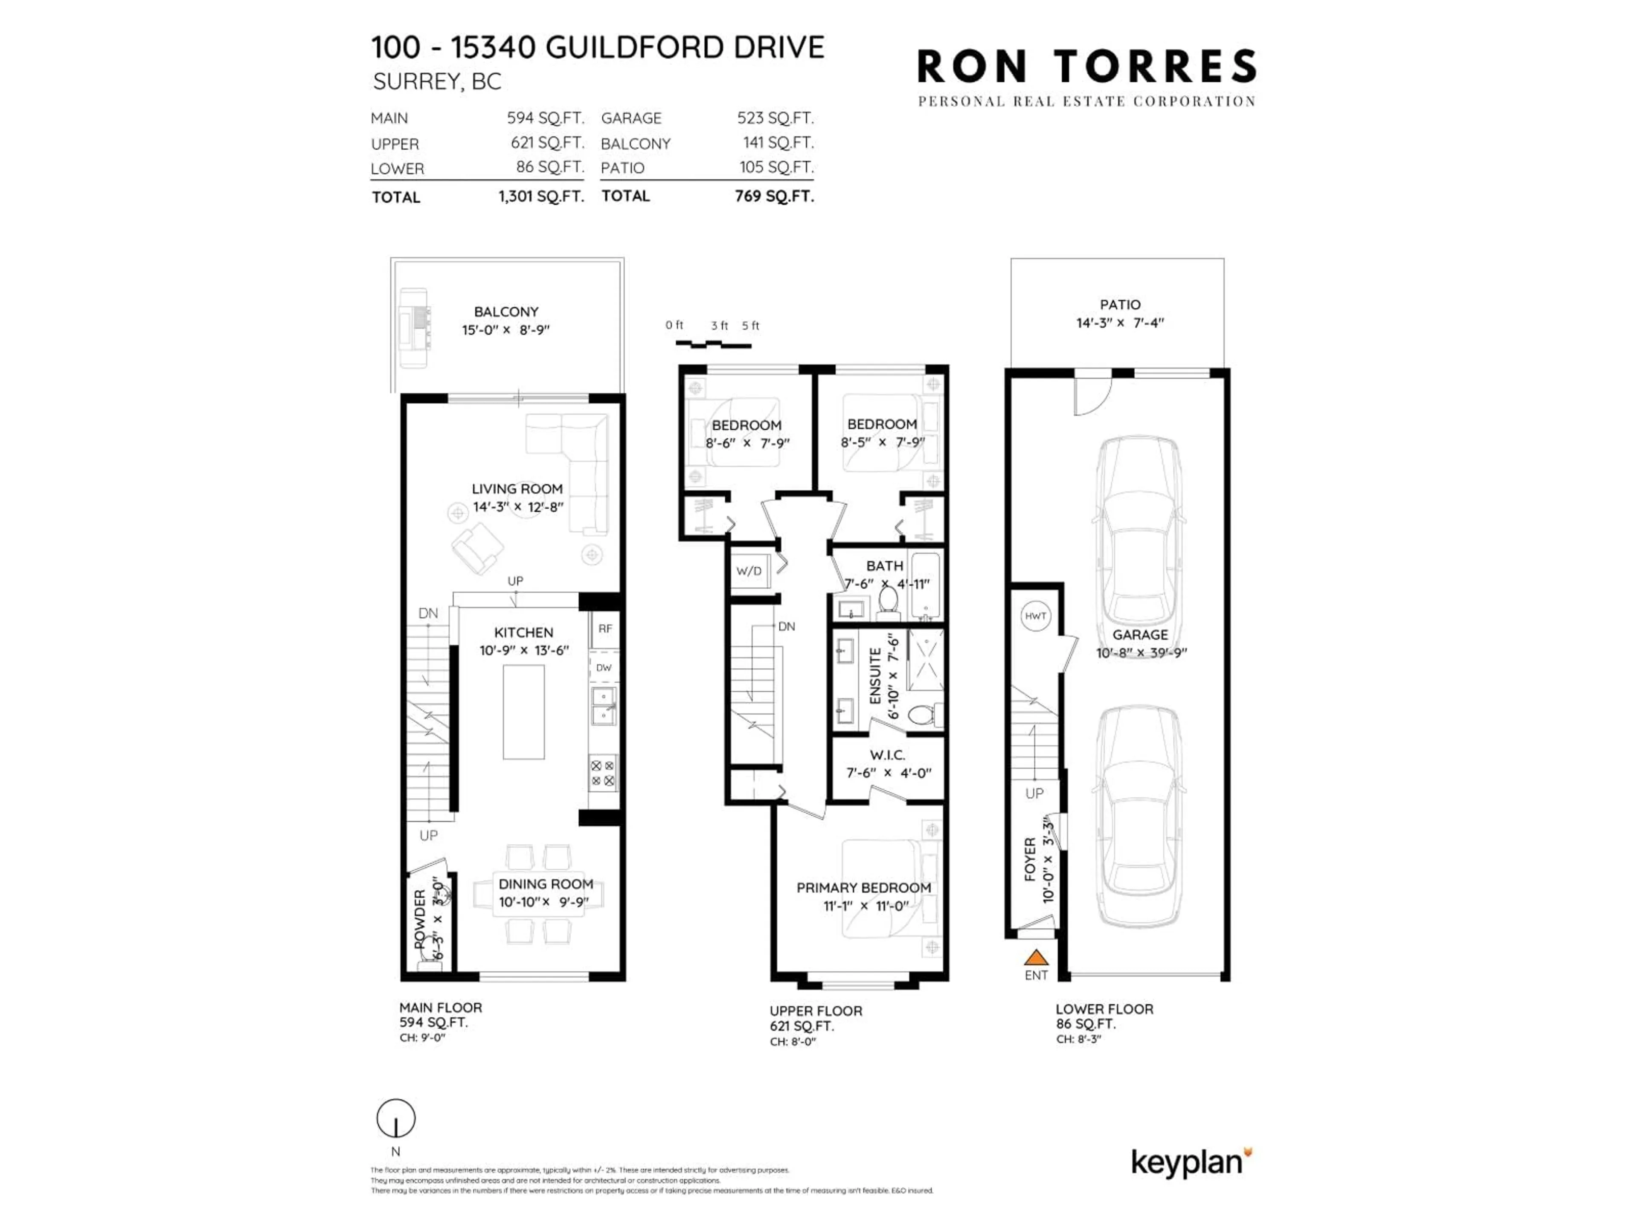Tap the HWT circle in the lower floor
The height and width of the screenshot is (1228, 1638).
pyautogui.click(x=1035, y=616)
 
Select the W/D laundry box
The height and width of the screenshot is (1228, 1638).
pyautogui.click(x=749, y=571)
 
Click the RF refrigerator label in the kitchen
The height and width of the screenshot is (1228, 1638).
pyautogui.click(x=605, y=628)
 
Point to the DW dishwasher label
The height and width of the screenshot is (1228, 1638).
pyautogui.click(x=604, y=668)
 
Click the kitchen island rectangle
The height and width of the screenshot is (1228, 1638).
pyautogui.click(x=523, y=711)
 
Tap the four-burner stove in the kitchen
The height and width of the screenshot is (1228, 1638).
pyautogui.click(x=603, y=773)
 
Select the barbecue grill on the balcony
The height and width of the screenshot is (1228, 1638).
pyautogui.click(x=413, y=328)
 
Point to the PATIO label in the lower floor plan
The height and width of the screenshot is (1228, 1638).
pyautogui.click(x=1120, y=304)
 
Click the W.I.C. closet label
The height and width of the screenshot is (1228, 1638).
pyautogui.click(x=887, y=755)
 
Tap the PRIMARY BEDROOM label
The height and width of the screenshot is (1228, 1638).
pyautogui.click(x=863, y=887)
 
